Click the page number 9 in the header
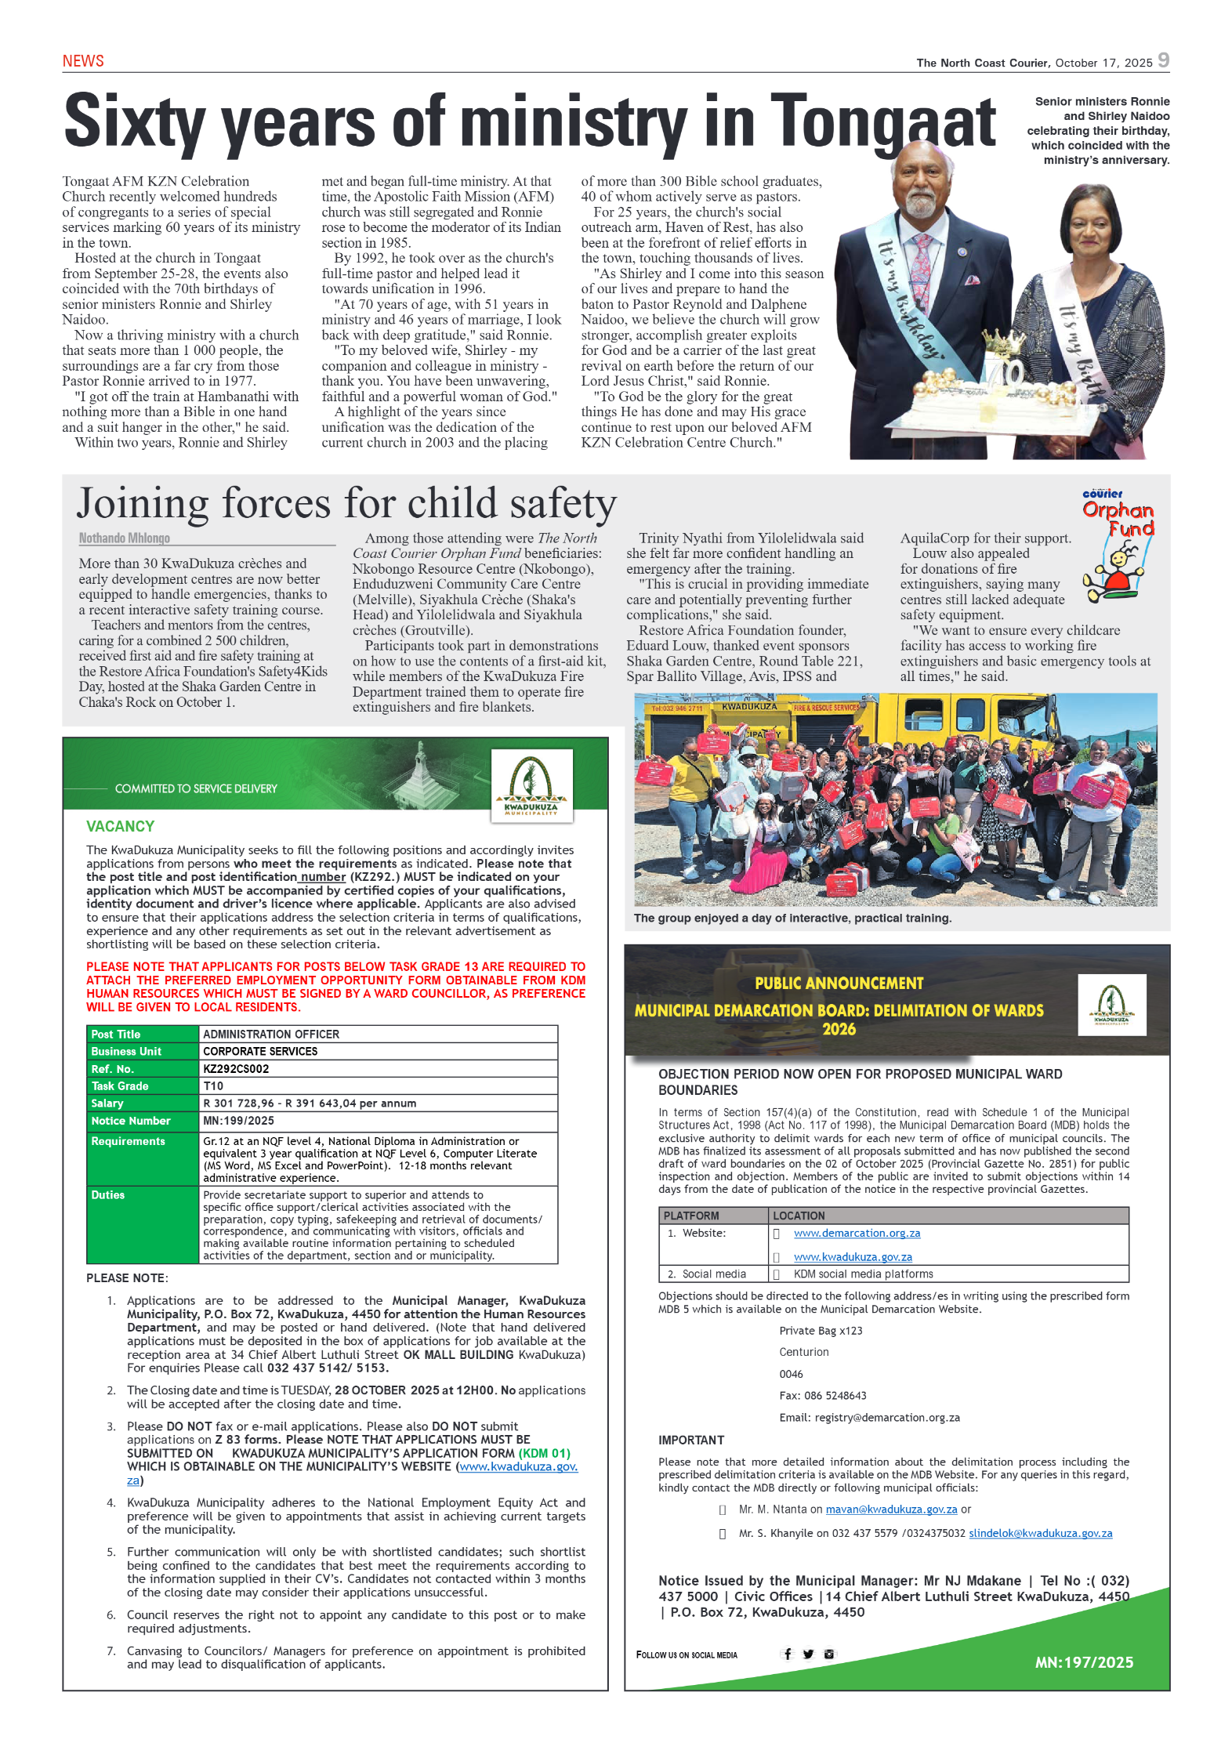click(1163, 60)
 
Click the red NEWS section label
click(83, 61)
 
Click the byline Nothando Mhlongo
click(125, 538)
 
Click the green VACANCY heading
click(120, 826)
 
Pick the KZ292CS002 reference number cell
click(236, 1069)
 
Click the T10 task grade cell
click(213, 1086)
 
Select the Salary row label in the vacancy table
click(107, 1103)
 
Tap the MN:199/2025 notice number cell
click(238, 1121)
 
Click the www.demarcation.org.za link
click(857, 1233)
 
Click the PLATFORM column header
click(690, 1216)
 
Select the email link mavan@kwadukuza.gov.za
click(891, 1509)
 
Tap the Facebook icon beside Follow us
click(788, 1654)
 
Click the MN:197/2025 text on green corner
click(1083, 1662)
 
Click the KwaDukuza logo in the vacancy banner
click(531, 785)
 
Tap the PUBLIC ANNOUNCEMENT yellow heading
click(839, 983)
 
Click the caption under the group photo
click(792, 918)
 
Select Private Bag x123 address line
click(821, 1331)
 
